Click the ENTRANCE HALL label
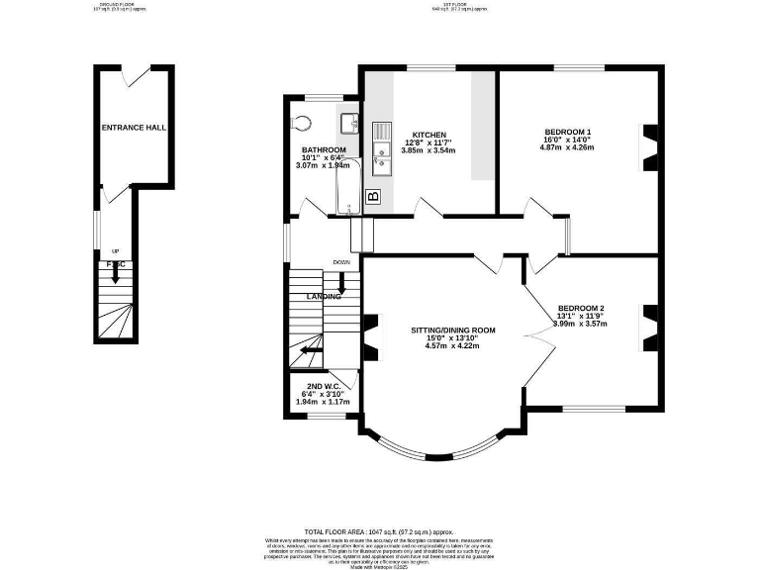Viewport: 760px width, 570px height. pos(134,128)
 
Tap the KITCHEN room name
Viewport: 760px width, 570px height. pos(429,135)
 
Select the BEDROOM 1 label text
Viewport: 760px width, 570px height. pos(568,133)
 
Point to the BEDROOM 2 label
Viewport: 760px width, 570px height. pos(580,308)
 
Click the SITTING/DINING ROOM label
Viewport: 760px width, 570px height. pos(453,330)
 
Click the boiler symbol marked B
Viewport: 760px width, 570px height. pos(373,196)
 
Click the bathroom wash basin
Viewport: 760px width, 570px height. pos(348,122)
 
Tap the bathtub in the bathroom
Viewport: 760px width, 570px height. pos(346,188)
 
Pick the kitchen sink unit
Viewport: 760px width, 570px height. pos(379,154)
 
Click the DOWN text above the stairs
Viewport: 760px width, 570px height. pos(342,262)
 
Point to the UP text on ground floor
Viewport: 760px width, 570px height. pos(116,251)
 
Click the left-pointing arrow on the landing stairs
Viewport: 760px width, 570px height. pos(311,348)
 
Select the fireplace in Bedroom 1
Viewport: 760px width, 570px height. pos(648,145)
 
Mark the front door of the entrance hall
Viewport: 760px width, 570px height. pos(136,71)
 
